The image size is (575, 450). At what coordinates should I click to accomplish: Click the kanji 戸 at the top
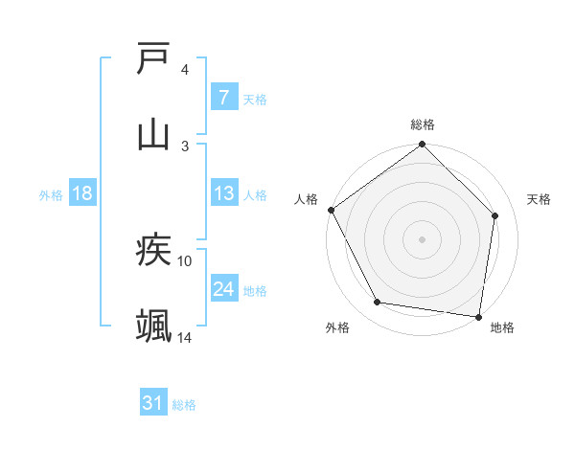pyautogui.click(x=154, y=59)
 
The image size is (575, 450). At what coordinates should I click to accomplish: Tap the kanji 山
pyautogui.click(x=154, y=134)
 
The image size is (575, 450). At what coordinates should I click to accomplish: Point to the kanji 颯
pyautogui.click(x=154, y=326)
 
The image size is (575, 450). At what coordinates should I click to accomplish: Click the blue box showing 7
pyautogui.click(x=223, y=98)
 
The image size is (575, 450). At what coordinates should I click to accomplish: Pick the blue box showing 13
pyautogui.click(x=223, y=193)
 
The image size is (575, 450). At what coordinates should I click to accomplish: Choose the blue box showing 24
pyautogui.click(x=223, y=289)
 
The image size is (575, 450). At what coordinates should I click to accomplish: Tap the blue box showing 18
pyautogui.click(x=82, y=193)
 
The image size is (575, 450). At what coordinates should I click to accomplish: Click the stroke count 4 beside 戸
pyautogui.click(x=185, y=70)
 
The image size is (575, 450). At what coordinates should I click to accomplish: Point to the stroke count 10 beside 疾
pyautogui.click(x=185, y=260)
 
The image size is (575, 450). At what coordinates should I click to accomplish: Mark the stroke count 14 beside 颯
pyautogui.click(x=185, y=337)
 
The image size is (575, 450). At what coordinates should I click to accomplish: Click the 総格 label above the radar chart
pyautogui.click(x=423, y=124)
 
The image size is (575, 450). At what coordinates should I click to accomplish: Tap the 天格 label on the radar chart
pyautogui.click(x=539, y=199)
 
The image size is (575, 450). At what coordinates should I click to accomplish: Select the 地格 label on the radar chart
pyautogui.click(x=502, y=327)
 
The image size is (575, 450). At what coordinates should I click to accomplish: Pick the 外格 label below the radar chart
pyautogui.click(x=337, y=327)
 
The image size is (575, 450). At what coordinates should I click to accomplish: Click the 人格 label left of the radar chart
pyautogui.click(x=306, y=199)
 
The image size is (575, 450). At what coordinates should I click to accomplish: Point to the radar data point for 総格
pyautogui.click(x=423, y=146)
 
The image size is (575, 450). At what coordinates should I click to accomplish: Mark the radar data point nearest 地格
pyautogui.click(x=479, y=316)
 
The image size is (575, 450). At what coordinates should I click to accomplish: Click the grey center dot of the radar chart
pyautogui.click(x=423, y=238)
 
